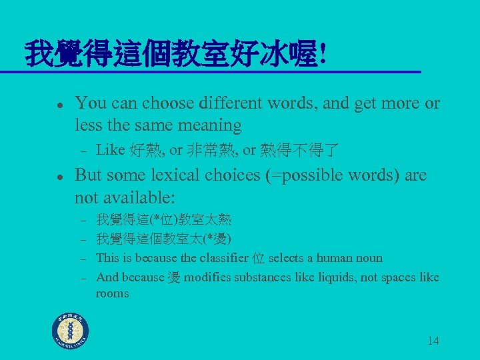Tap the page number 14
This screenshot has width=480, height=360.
tap(433, 341)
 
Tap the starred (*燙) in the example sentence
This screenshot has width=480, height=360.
tap(217, 239)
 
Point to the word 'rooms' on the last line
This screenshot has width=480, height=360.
tap(112, 293)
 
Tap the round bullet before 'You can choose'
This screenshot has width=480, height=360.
tap(59, 105)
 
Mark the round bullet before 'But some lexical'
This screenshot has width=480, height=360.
tap(59, 177)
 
